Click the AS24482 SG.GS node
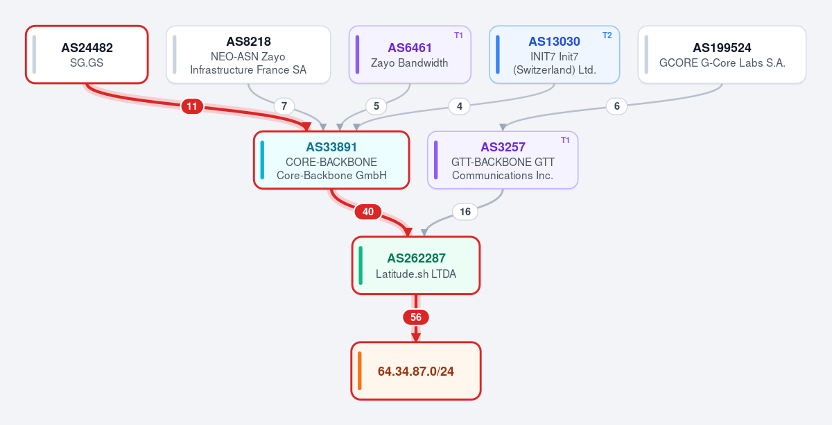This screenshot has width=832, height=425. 87,55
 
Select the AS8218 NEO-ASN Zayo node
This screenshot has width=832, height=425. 248,55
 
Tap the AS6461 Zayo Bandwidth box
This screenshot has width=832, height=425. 410,55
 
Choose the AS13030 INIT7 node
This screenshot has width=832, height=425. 555,55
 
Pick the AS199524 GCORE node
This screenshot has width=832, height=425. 722,55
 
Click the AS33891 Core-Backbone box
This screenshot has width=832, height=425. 331,160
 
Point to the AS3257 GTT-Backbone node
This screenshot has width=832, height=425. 503,160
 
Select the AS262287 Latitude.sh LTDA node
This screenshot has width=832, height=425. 416,265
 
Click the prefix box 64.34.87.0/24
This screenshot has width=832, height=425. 416,371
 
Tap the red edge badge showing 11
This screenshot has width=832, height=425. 192,106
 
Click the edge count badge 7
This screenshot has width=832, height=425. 284,106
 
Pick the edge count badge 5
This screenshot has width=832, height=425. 376,106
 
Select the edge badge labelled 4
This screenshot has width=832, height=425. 460,106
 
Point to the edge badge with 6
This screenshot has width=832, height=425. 617,106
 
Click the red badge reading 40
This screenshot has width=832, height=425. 368,212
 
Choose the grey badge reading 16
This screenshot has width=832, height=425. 465,212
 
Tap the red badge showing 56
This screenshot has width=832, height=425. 416,317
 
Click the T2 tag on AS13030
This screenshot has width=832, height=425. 607,35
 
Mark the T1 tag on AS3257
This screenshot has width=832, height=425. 565,140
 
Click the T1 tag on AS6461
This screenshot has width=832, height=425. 459,35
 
